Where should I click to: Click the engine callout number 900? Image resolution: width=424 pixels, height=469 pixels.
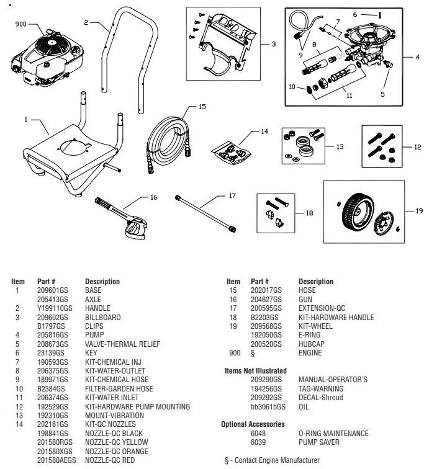coord(21,24)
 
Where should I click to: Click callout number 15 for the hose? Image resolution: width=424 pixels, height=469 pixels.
coord(201,107)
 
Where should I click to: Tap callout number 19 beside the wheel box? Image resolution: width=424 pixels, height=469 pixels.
coord(419,211)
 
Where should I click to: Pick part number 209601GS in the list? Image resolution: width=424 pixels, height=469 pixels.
coord(52,290)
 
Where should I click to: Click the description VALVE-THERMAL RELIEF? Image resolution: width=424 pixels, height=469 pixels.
coord(122,344)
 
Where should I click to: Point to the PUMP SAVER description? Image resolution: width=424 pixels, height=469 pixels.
coord(319,442)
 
